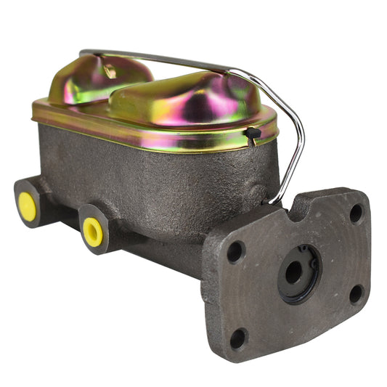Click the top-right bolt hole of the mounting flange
coord(356,213)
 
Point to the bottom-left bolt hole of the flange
coord(237,338)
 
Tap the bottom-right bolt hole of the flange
coord(356,293)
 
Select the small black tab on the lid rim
coord(252,133)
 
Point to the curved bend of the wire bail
coord(294,116)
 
